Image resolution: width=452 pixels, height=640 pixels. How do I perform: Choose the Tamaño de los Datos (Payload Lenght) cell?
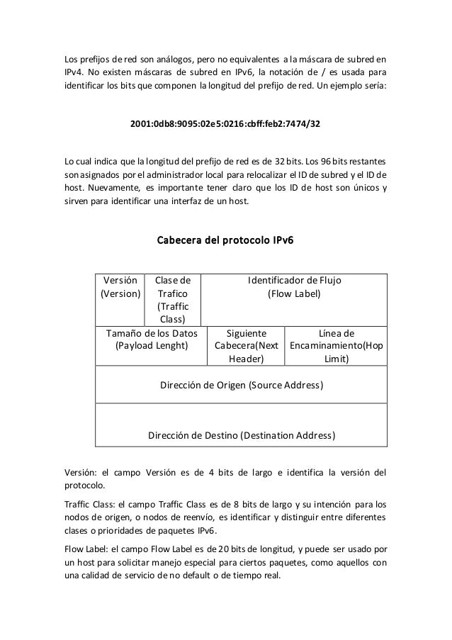click(151, 339)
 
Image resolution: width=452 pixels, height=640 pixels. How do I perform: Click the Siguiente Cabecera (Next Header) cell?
click(246, 345)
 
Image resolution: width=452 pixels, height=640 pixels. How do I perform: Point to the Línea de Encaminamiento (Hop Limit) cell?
click(336, 345)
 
